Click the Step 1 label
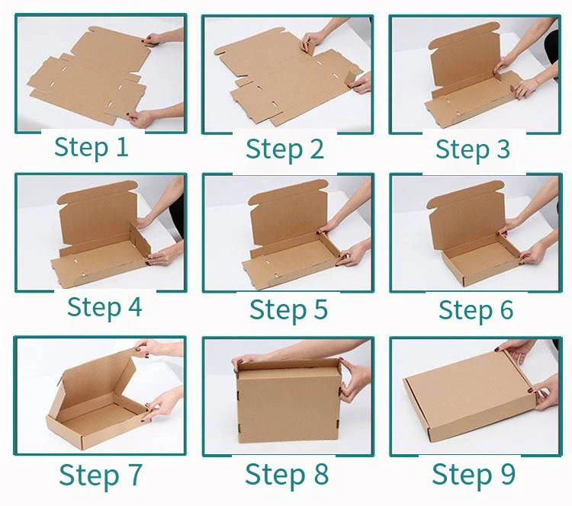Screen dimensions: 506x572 click(x=91, y=146)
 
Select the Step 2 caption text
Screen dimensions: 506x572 click(x=284, y=149)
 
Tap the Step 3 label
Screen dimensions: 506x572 click(x=472, y=149)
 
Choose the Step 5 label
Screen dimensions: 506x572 click(x=288, y=309)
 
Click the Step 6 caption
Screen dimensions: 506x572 click(x=476, y=310)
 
